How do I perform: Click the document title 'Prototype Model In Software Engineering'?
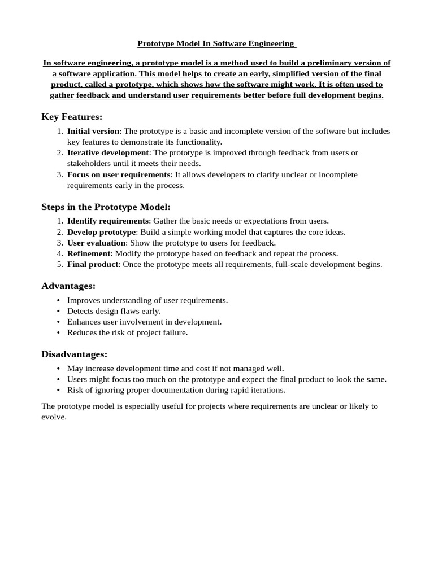click(x=216, y=43)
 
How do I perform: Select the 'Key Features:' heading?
click(x=72, y=117)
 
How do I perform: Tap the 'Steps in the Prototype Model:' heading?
click(x=106, y=207)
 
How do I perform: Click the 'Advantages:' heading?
click(x=68, y=286)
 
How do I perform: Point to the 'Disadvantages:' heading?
click(x=74, y=354)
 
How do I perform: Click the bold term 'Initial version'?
click(x=93, y=131)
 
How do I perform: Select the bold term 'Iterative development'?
click(x=108, y=152)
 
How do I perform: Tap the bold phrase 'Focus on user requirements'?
click(x=119, y=174)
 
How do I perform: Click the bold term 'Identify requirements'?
click(x=108, y=221)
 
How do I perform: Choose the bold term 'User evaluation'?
click(x=96, y=243)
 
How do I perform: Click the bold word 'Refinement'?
click(x=89, y=253)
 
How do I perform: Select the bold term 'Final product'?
click(x=93, y=264)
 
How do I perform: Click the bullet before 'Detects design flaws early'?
click(x=59, y=312)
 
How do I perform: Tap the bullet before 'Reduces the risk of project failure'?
click(x=59, y=333)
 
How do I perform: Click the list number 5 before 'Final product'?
click(x=60, y=264)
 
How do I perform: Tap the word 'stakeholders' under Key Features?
click(x=89, y=163)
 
